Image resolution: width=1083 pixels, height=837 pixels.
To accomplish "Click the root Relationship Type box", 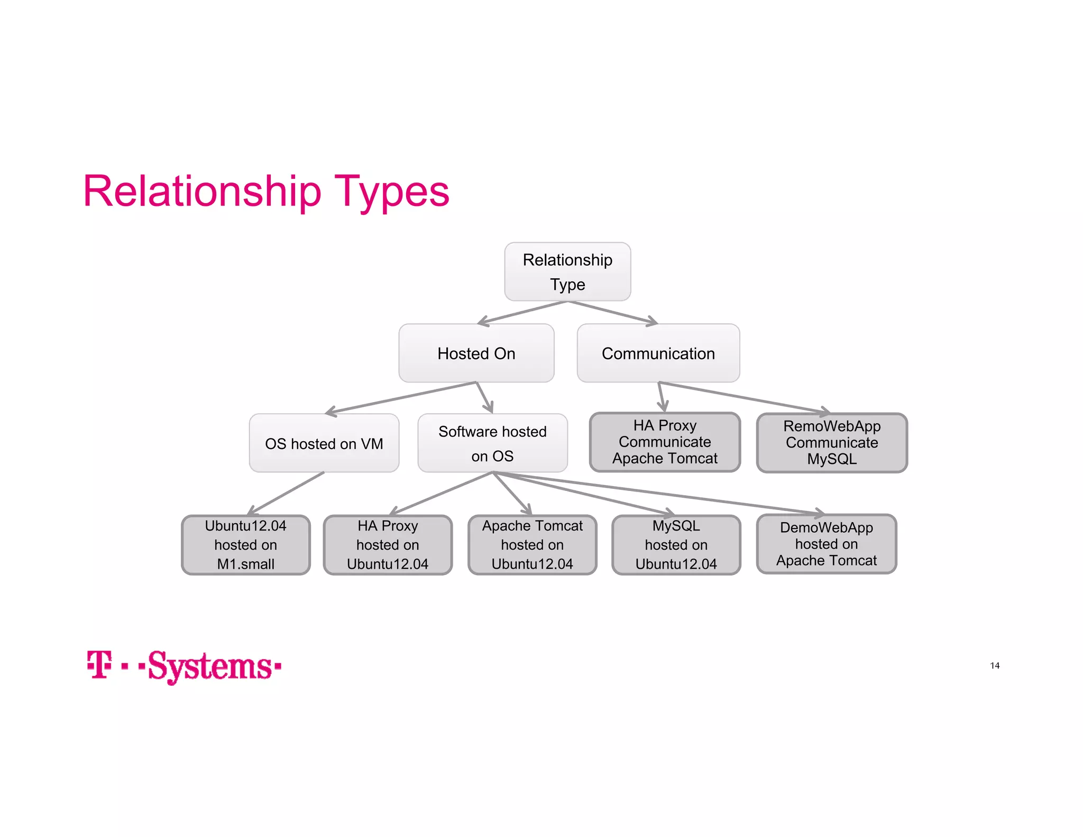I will (x=567, y=272).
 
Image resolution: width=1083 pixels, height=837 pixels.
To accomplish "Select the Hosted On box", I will (x=476, y=353).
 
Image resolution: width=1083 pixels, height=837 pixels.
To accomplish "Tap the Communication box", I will (x=658, y=353).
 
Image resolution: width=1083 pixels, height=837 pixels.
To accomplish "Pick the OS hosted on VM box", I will (x=324, y=443).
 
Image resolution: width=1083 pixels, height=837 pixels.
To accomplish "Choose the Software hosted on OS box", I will (x=492, y=443).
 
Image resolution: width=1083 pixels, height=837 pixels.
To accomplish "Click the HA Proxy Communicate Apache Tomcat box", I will (x=665, y=442).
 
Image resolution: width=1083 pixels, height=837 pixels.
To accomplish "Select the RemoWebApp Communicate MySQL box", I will (x=832, y=442).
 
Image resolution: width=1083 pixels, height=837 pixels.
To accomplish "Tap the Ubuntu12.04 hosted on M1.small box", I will (x=245, y=544).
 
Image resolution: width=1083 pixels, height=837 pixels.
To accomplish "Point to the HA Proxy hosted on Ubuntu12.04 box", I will (x=388, y=544).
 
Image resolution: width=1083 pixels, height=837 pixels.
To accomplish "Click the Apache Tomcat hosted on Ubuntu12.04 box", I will (x=532, y=544).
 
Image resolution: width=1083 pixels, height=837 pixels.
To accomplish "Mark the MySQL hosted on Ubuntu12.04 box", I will (x=676, y=544).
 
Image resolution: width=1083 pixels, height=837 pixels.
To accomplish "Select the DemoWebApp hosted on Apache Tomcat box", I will (x=826, y=543).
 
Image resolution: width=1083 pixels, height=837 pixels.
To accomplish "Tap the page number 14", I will (x=995, y=666).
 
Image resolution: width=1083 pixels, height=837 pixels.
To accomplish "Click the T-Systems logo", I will (x=183, y=666).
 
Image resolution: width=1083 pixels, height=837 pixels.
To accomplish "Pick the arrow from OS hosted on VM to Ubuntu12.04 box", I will (x=286, y=493).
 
